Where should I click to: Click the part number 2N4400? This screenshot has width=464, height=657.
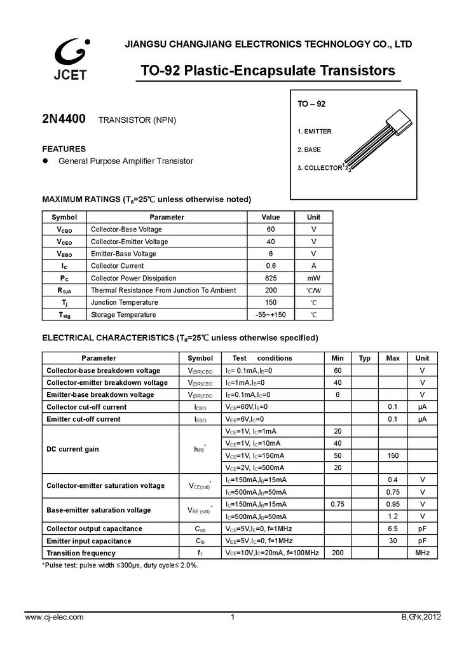(x=64, y=120)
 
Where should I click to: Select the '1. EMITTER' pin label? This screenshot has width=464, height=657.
(x=315, y=132)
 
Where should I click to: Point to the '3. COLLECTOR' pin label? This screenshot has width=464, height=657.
(x=320, y=169)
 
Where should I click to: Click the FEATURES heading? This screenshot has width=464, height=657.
(x=64, y=149)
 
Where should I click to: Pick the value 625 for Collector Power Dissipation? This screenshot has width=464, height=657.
(x=271, y=278)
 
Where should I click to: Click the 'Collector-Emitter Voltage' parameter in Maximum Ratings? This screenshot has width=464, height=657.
(x=130, y=242)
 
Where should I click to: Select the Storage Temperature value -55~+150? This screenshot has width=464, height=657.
(x=271, y=315)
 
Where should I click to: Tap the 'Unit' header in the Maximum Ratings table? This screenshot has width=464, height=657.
(x=313, y=217)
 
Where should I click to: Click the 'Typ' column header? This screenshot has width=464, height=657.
(x=364, y=358)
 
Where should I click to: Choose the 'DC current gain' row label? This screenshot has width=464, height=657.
(x=72, y=449)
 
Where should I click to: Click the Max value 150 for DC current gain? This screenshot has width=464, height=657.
(x=393, y=455)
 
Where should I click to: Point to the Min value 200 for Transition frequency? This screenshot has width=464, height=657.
(x=338, y=553)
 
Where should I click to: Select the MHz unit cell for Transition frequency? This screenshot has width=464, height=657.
(x=423, y=553)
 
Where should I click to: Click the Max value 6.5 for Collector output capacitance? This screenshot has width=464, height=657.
(x=393, y=529)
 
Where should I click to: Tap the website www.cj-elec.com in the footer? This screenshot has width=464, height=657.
(x=54, y=617)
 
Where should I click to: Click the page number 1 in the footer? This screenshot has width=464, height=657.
(x=233, y=617)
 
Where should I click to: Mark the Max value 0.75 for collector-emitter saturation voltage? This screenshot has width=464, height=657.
(x=393, y=492)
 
